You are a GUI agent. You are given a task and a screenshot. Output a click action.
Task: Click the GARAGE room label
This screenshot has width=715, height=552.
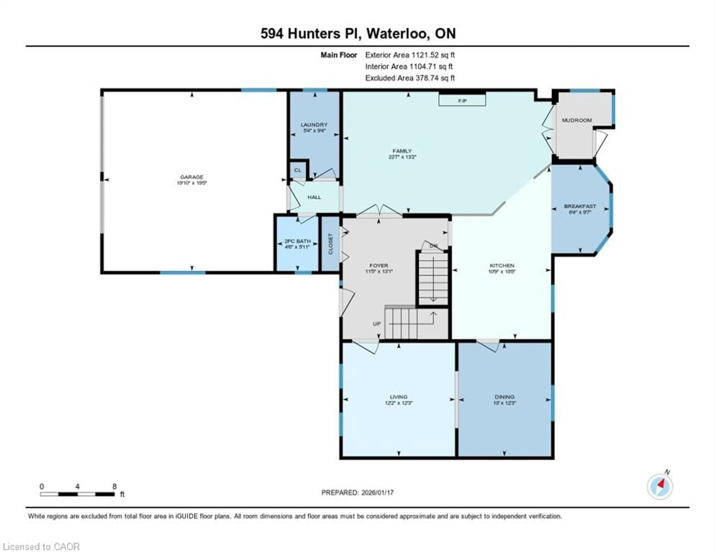pos(192,177)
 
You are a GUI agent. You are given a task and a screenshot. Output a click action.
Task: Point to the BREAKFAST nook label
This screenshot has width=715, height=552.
pos(580,206)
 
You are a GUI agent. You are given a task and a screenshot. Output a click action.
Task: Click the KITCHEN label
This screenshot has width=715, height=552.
pos(502,265)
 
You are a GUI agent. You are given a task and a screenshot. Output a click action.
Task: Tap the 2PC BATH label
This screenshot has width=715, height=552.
pos(297,241)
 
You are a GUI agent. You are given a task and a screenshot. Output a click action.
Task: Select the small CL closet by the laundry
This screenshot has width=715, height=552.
pos(297,170)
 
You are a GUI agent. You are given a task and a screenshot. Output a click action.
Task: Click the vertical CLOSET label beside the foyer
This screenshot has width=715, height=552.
pos(330,244)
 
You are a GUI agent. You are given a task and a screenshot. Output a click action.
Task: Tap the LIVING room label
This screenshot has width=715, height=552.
pos(398,397)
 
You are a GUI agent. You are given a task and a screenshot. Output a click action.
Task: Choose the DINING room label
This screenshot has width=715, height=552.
pos(504,397)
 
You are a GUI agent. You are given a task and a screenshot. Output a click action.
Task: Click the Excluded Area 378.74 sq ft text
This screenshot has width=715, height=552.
pos(410,78)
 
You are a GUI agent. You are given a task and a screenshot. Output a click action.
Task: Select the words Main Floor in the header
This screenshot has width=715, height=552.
pos(339,55)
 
